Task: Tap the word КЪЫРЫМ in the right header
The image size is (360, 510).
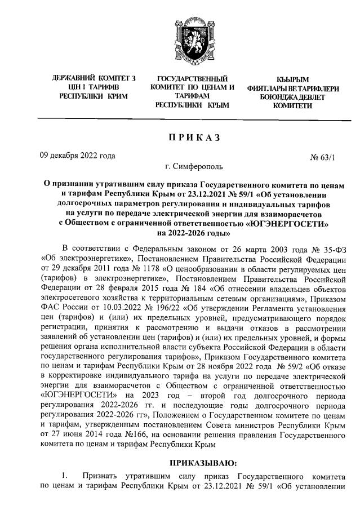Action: pos(292,78)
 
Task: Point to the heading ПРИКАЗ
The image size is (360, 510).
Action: pos(180,138)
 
